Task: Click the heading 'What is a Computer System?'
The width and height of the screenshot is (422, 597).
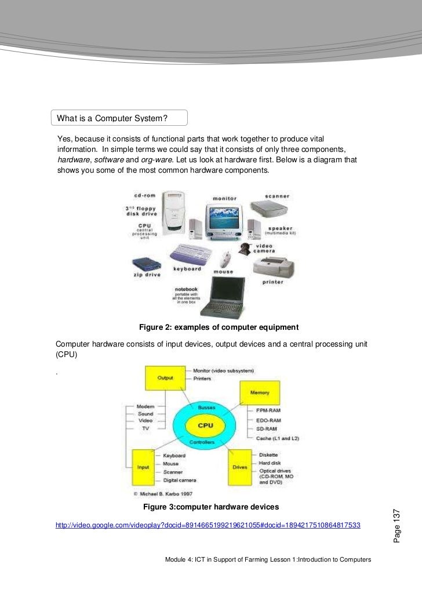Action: point(112,119)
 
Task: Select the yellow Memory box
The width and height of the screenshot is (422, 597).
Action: point(259,392)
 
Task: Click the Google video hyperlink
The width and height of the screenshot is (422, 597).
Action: point(208,525)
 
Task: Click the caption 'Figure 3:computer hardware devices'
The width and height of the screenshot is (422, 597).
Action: point(211,507)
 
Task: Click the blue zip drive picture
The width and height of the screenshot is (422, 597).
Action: point(147,264)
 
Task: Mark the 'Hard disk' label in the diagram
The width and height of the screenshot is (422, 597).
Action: point(271,463)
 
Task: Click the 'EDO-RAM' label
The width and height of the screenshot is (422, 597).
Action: point(269,420)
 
